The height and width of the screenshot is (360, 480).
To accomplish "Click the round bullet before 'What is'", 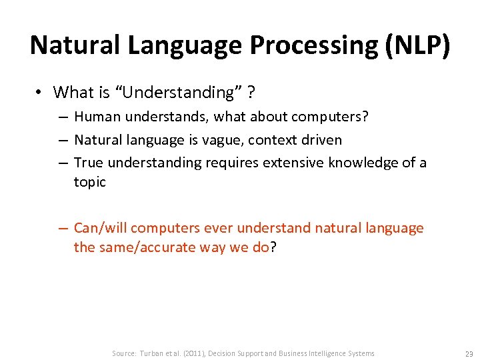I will [x=41, y=92].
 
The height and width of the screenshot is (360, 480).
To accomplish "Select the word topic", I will [x=89, y=182].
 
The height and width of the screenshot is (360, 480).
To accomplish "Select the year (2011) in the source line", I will [x=189, y=353].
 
